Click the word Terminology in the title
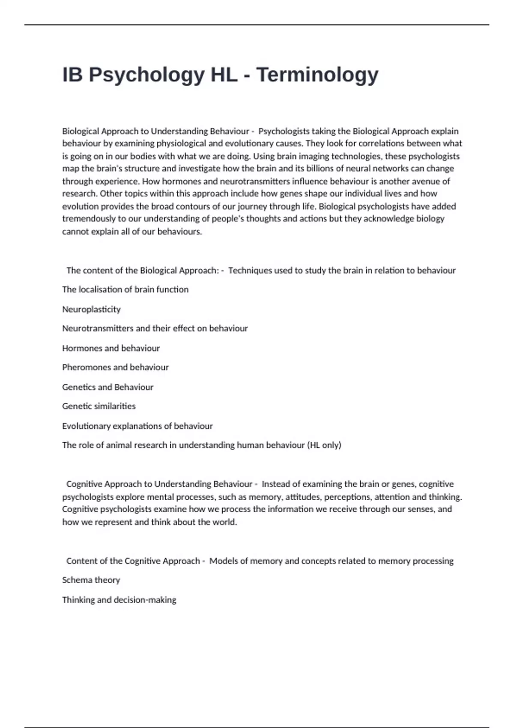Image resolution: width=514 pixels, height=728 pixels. pyautogui.click(x=317, y=75)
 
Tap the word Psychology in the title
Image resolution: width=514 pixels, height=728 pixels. pyautogui.click(x=146, y=75)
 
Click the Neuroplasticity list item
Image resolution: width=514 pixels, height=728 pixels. pyautogui.click(x=91, y=309)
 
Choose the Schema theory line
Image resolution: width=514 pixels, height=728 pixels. pyautogui.click(x=91, y=580)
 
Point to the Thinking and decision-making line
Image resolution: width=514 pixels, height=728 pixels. pyautogui.click(x=119, y=600)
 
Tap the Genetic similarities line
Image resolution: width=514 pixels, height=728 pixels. pyautogui.click(x=99, y=406)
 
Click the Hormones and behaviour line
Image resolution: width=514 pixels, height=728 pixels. pyautogui.click(x=111, y=348)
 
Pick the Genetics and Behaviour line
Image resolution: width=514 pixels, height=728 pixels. pyautogui.click(x=108, y=387)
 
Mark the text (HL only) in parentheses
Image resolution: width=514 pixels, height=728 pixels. pyautogui.click(x=324, y=445)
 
